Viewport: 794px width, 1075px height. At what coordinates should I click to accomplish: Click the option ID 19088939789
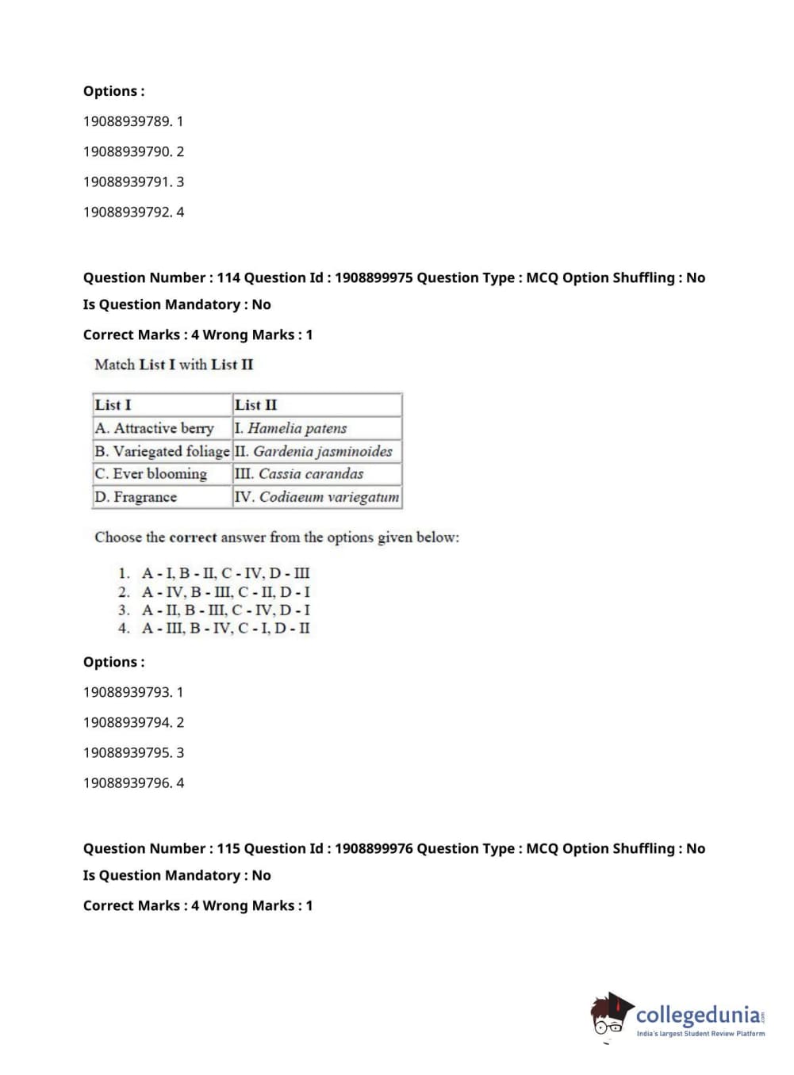coord(127,121)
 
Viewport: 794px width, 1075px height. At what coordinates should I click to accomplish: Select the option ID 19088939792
coord(127,212)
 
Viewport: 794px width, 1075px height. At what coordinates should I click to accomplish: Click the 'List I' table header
coord(113,404)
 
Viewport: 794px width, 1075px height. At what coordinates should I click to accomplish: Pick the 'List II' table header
coord(256,404)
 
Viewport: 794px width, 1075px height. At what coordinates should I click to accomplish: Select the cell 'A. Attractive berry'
coord(155,428)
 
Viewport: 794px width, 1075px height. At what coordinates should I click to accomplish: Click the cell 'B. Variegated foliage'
coord(162,451)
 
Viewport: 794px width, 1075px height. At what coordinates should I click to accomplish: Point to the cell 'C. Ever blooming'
coord(151,474)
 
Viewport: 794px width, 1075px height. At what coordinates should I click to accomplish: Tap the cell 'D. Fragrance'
coord(136,497)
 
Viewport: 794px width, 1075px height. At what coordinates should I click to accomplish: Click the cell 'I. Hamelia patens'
coord(291,428)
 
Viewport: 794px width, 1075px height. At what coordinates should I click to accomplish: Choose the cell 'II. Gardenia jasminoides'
coord(314,451)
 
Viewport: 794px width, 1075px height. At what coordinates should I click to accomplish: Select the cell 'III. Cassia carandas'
coord(299,474)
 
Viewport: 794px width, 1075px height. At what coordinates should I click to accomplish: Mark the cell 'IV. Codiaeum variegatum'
coord(317,497)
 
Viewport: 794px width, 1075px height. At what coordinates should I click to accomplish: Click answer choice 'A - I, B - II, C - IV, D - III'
coord(225,573)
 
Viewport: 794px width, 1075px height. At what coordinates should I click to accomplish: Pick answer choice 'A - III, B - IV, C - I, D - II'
coord(225,628)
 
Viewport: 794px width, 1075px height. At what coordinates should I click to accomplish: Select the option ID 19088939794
coord(127,722)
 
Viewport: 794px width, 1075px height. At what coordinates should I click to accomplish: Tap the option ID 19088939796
coord(127,782)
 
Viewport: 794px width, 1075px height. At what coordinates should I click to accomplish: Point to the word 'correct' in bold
coord(193,537)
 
